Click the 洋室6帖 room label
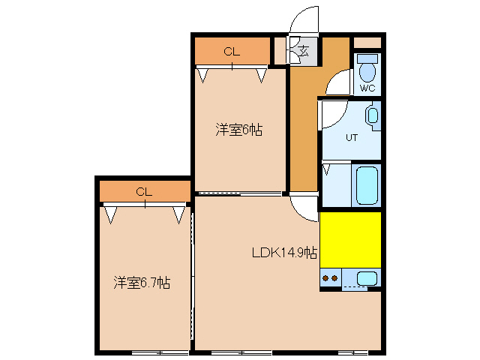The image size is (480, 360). pos(239,130)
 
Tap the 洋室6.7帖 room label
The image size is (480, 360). pos(142,283)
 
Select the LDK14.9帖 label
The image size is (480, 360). pos(283,253)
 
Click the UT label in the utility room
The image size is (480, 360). pos(351,137)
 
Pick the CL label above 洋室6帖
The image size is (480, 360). pos(232,52)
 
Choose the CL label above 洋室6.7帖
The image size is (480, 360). pos(144,192)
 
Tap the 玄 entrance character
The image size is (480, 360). pos(304,52)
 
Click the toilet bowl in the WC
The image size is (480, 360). pos(367,69)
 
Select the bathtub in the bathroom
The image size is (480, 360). pos(366,184)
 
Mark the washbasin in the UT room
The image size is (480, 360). pos(373,117)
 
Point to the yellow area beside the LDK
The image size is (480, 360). pos(350,239)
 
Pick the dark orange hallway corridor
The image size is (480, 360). pos(303,127)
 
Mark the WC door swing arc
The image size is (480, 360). pos(337,81)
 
